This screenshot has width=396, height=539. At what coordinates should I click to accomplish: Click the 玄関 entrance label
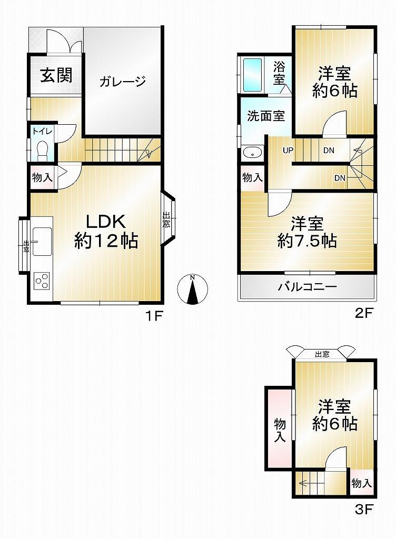click(56, 76)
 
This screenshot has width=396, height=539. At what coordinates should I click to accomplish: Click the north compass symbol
click(193, 290)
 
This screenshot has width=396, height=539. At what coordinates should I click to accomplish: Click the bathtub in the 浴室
click(253, 75)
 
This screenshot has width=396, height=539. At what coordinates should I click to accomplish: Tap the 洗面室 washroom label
click(266, 116)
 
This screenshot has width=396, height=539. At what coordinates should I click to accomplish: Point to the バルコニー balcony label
click(308, 287)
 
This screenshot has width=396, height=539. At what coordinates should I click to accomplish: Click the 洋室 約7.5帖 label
click(308, 232)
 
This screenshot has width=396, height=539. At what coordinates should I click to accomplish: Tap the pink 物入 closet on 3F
click(279, 430)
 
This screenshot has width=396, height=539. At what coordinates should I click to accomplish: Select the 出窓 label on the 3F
click(322, 354)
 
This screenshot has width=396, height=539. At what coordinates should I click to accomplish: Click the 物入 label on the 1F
click(42, 178)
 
